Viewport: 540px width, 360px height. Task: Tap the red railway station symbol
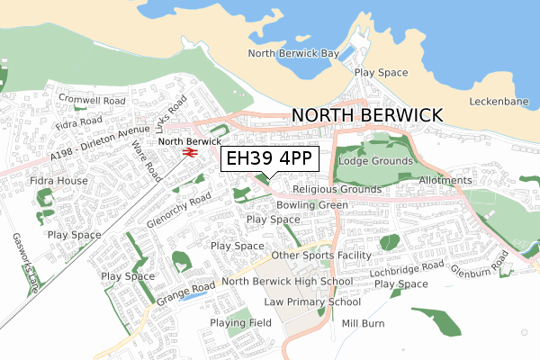click(189, 153)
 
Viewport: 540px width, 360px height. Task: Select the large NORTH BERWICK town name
click(367, 115)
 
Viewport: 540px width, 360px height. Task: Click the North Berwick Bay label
click(293, 54)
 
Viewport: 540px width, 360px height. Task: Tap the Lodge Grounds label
click(375, 161)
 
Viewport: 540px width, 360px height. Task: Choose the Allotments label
click(445, 181)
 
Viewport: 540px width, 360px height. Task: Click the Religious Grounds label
click(337, 190)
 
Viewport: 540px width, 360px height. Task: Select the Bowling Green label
click(312, 205)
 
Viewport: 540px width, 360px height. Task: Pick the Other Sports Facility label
click(321, 256)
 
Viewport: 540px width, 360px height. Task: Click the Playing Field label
click(240, 322)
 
